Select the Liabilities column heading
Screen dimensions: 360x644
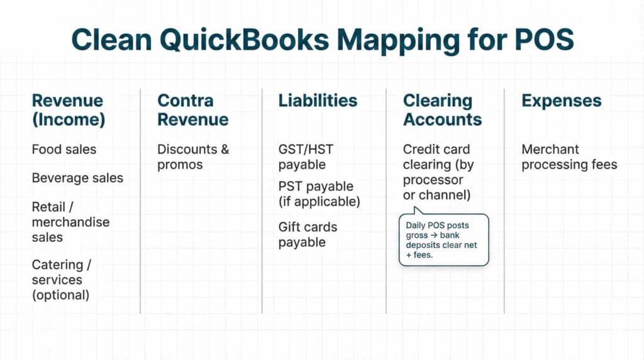click(318, 101)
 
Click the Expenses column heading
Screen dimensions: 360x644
click(561, 101)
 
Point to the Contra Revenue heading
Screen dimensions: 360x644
click(192, 110)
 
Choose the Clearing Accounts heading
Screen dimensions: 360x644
click(442, 110)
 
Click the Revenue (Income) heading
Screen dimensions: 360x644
click(68, 110)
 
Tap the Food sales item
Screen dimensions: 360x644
click(64, 150)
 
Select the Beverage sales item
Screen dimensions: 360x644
click(77, 178)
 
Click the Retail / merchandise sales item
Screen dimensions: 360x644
click(70, 222)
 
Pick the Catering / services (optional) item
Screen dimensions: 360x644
click(60, 279)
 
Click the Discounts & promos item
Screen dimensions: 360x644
click(193, 157)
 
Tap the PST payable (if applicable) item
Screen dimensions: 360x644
click(319, 194)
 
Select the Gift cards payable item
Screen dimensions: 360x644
click(308, 234)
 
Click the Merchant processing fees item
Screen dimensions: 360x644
click(569, 157)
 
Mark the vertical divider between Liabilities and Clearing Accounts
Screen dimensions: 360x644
click(386, 201)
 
